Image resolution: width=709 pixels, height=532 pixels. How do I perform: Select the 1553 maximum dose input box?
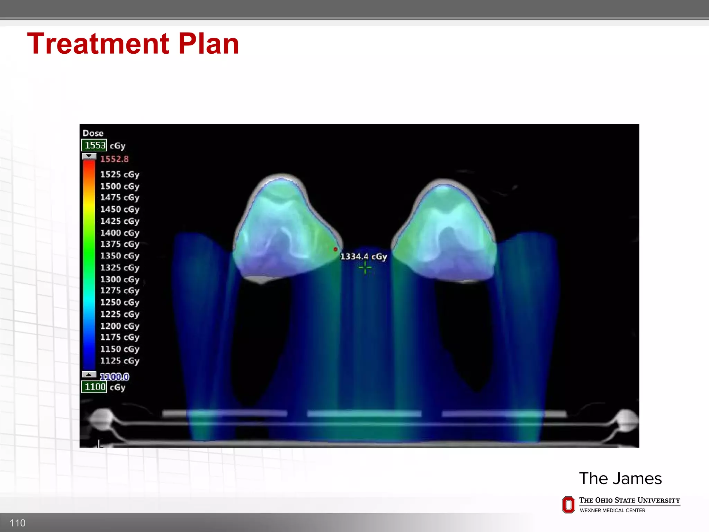(94, 145)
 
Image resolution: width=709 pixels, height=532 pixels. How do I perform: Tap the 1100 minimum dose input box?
(94, 387)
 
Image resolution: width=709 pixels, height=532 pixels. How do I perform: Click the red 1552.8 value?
(114, 159)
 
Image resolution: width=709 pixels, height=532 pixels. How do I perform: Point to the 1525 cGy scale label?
(119, 175)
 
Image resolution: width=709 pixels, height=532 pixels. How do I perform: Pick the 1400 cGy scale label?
(119, 233)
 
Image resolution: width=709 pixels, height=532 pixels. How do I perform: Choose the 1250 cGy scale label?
(119, 302)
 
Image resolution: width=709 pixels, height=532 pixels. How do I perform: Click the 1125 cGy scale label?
(119, 361)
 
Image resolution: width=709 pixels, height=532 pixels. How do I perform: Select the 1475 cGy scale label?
(119, 197)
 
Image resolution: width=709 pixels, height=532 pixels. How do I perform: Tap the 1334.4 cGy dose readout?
(363, 257)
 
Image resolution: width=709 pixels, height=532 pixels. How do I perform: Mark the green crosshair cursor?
(365, 268)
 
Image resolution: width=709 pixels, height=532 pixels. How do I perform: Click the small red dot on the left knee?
(335, 249)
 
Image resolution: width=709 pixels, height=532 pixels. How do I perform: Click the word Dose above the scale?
(93, 133)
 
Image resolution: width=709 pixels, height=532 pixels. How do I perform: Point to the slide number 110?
(17, 523)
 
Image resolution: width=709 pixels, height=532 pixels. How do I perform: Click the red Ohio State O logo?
(568, 505)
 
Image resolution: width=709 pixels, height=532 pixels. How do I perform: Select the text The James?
(620, 478)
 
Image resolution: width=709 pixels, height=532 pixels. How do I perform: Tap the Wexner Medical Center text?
(612, 510)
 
